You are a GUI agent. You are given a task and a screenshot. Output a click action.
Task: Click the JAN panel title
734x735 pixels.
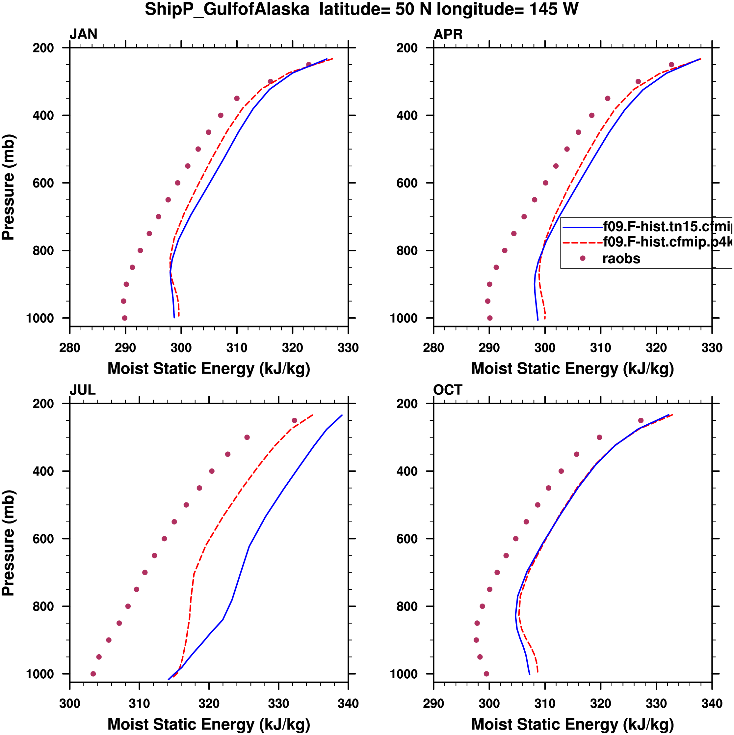point(83,34)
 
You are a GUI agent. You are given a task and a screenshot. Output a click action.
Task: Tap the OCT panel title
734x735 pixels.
point(448,390)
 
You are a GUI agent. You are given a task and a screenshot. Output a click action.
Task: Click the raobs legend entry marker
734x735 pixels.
point(582,258)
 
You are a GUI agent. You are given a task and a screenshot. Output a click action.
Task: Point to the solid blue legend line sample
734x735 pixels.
point(582,227)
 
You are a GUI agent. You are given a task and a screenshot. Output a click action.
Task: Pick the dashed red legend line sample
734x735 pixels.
point(582,242)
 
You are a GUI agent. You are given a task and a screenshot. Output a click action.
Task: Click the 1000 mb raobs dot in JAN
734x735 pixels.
point(125,318)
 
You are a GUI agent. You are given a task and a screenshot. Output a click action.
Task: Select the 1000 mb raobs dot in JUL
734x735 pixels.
point(93,674)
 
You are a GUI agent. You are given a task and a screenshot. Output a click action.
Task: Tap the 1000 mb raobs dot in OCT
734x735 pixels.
point(486,674)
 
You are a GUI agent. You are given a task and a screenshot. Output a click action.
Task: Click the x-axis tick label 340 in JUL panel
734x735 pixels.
point(348,703)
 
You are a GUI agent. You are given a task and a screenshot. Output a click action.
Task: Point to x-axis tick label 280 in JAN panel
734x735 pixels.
point(70,348)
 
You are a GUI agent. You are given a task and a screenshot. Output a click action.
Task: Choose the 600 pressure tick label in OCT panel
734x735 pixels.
point(407,539)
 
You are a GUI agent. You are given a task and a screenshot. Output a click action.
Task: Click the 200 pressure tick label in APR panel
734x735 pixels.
point(407,48)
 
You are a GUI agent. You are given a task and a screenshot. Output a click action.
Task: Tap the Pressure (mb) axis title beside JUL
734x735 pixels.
point(8,543)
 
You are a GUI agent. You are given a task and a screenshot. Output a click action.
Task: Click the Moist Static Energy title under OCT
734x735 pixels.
point(572,724)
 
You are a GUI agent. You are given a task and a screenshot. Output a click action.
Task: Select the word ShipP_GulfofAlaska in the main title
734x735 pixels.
point(227,10)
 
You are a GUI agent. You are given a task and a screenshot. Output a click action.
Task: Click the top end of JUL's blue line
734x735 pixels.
point(342,415)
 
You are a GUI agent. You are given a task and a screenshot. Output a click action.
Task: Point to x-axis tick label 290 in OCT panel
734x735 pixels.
point(434,703)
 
